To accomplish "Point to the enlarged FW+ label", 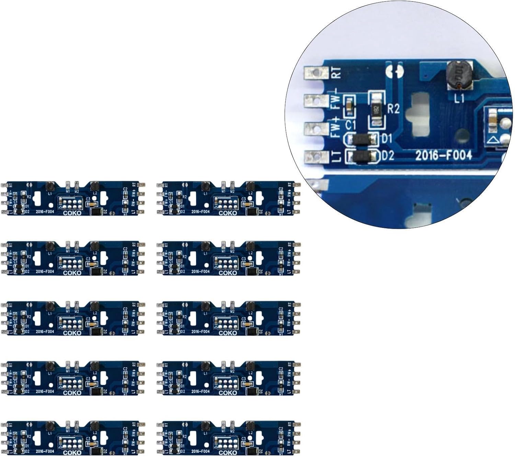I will [336, 127].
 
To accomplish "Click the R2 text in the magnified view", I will [393, 109].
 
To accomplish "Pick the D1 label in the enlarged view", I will [387, 138].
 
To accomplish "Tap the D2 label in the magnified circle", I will [388, 156].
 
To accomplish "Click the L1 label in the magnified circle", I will [459, 99].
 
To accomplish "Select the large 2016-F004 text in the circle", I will [444, 155].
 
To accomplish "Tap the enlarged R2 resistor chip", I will [376, 109].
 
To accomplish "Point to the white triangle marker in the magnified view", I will [492, 140].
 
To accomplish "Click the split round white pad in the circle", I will [395, 71].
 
